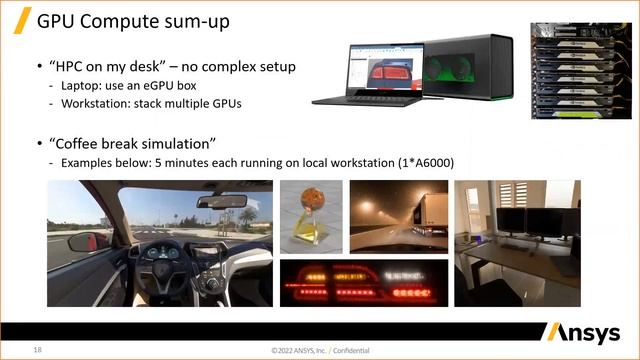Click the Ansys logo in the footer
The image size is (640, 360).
point(585,333)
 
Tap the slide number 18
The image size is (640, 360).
point(37,350)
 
